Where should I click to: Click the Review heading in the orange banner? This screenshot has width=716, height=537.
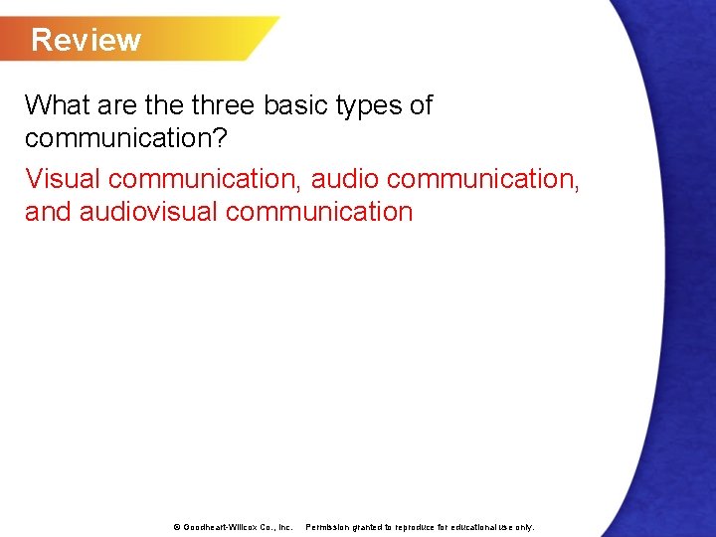[x=86, y=40]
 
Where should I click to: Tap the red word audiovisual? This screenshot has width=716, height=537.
[x=148, y=212]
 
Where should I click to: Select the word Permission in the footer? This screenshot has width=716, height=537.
[x=326, y=527]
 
